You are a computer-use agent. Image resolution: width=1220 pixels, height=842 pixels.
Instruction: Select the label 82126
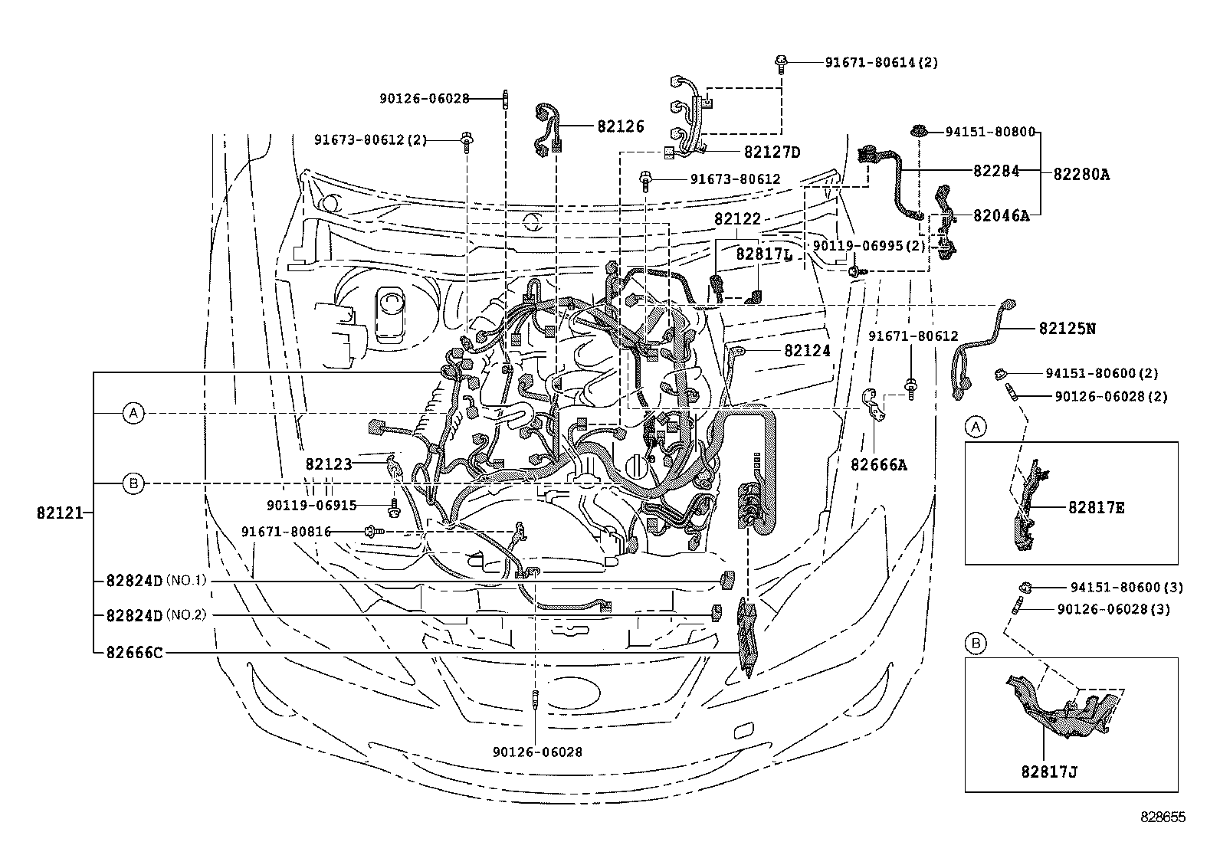[620, 127]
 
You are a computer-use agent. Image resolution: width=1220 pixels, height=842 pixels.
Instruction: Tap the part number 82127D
[771, 152]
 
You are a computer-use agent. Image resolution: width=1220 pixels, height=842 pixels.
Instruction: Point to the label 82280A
[1081, 174]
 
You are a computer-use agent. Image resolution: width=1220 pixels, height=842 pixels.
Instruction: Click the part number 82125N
[1067, 329]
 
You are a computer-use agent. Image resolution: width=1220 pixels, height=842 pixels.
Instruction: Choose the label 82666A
[878, 464]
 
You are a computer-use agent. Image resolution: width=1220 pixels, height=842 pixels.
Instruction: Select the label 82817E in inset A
[1096, 507]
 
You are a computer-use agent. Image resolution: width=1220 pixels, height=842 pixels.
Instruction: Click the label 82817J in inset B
[1048, 772]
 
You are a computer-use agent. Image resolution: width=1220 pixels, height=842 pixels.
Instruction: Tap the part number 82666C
[134, 653]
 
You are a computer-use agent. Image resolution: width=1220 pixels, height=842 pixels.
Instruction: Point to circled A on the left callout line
[134, 414]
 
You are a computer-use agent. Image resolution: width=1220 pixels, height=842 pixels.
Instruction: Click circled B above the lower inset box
[976, 644]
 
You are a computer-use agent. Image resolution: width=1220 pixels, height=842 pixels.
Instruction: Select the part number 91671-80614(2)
[881, 63]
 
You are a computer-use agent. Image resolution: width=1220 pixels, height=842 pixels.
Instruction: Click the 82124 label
[807, 351]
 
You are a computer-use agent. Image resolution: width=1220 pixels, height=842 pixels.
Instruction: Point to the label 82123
[328, 464]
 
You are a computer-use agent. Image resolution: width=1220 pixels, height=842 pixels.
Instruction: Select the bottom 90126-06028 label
[537, 752]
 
